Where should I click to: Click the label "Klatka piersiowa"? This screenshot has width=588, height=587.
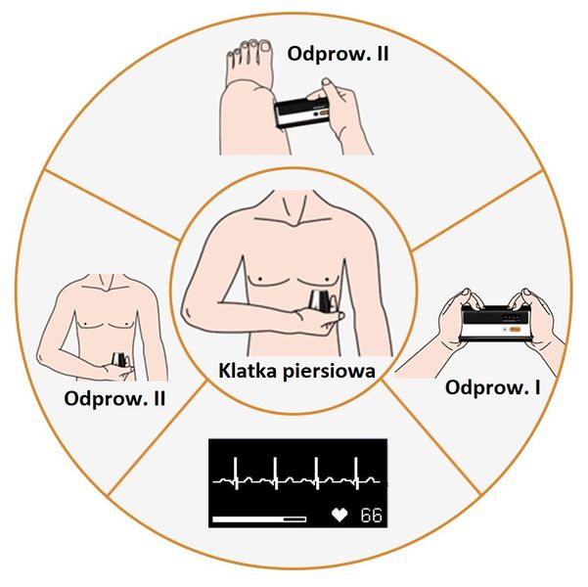[x=296, y=371]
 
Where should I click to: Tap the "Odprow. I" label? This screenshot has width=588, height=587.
[x=492, y=387]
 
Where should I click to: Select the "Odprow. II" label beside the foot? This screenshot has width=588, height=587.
[x=338, y=54]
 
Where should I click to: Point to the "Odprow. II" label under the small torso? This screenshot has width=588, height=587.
[x=114, y=399]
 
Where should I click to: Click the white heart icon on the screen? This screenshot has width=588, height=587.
[x=339, y=515]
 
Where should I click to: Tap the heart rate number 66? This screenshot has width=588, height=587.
[x=371, y=516]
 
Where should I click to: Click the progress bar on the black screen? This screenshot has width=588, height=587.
[x=259, y=519]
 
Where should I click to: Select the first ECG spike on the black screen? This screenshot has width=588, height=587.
[x=236, y=473]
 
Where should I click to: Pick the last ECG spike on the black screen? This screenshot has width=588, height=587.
[x=356, y=473]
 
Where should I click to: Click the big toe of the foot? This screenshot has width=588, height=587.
[x=265, y=47]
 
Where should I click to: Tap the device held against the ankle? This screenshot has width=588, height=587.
[x=302, y=113]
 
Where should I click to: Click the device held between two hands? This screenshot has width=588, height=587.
[x=496, y=323]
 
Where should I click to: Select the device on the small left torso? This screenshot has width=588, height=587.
[x=119, y=360]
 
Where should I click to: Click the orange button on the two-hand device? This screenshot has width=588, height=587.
[x=515, y=330]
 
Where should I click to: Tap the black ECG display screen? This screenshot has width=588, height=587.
[x=297, y=483]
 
